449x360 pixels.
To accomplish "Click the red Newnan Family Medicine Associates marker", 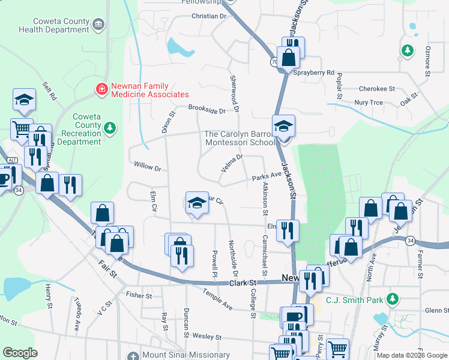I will [101, 89].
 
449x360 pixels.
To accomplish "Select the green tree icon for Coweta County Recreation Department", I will [109, 127].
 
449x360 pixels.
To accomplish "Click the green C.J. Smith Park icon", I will [393, 298].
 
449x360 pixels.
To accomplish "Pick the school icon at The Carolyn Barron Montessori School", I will [284, 127].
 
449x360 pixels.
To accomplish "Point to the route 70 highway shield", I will [274, 61].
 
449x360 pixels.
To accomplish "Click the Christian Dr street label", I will [208, 16].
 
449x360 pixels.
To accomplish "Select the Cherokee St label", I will [376, 88].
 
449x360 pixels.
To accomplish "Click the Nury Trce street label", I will [368, 103].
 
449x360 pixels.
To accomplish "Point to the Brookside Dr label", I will [206, 110].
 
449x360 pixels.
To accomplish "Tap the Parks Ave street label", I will [267, 176].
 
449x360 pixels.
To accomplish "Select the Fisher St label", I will [139, 295].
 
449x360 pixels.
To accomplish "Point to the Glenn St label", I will [436, 310].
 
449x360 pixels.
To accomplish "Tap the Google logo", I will [20, 353].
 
